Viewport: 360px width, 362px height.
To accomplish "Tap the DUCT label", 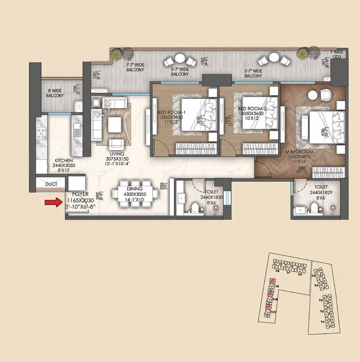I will point(51,184).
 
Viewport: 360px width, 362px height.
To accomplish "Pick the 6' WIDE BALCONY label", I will point(55,93).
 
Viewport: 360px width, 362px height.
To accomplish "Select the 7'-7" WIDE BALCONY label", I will point(135,67).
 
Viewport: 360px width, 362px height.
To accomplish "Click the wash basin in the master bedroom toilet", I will point(300,209).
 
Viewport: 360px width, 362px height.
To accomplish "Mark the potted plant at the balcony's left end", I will point(117,53).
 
